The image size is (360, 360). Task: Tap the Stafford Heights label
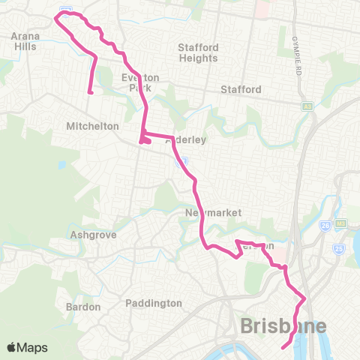(198, 52)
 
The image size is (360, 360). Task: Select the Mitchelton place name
(93, 126)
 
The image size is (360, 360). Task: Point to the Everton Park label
(136, 82)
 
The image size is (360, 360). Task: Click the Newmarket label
(213, 213)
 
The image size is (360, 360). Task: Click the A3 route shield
(307, 106)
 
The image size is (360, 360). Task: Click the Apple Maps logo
(27, 347)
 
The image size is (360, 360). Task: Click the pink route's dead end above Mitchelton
(90, 93)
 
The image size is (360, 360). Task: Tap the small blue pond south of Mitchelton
(60, 165)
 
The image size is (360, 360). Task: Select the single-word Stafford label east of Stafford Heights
(241, 90)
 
